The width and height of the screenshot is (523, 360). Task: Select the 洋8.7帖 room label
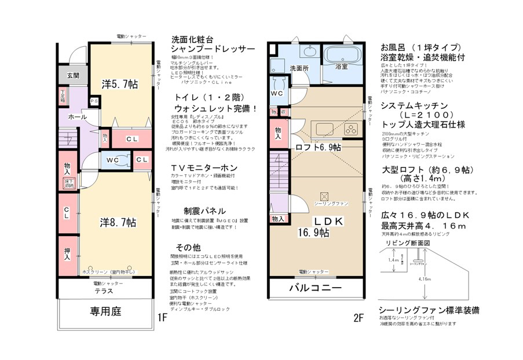[117, 222]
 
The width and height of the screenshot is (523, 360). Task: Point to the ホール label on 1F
[78, 117]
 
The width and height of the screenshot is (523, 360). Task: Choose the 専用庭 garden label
[105, 311]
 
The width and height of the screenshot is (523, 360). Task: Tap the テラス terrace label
[104, 292]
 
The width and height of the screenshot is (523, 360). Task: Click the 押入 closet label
[67, 253]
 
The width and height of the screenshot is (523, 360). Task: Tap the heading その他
[188, 246]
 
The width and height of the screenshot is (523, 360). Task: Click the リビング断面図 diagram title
[408, 244]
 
